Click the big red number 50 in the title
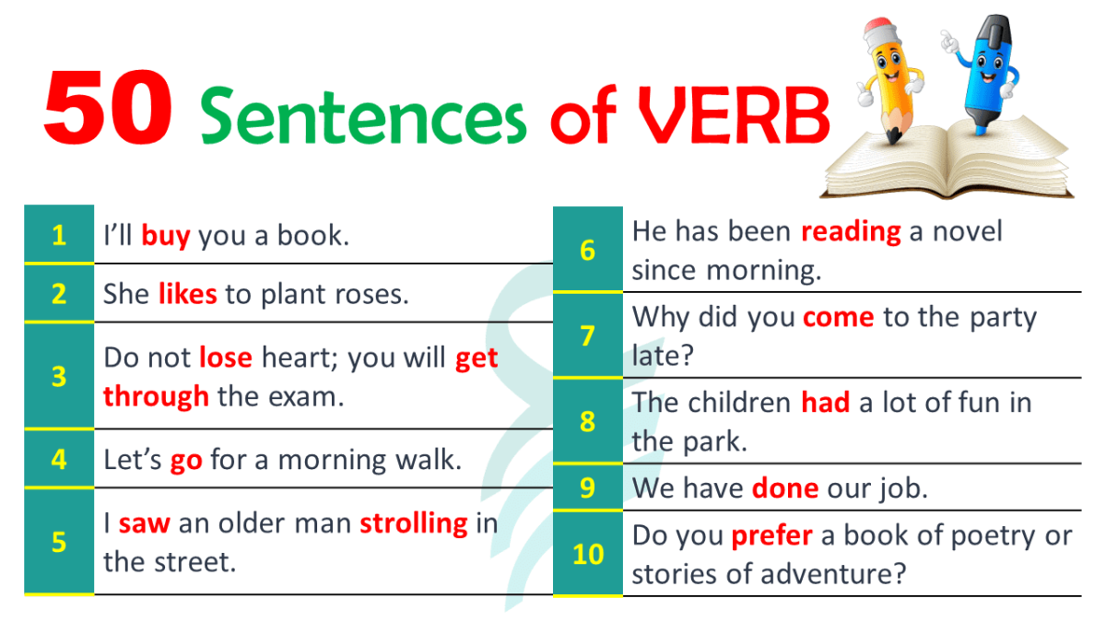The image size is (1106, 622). point(108,107)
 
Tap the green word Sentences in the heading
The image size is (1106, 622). point(363,116)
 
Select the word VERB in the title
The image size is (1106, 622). point(735,116)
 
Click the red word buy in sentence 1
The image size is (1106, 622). point(166,236)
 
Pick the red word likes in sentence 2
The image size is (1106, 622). point(188,293)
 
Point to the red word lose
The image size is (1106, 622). point(226,357)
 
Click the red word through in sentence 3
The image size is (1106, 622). point(156,397)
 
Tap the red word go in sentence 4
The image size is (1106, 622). point(186,462)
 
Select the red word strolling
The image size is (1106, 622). point(414,524)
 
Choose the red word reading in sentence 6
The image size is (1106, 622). point(851,232)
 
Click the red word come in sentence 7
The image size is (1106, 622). point(839,318)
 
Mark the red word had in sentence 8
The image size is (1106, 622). point(825,402)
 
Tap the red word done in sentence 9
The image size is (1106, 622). point(785,487)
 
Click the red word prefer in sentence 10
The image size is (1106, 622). point(771,536)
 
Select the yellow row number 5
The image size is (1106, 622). point(59,542)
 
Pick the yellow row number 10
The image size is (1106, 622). point(588,554)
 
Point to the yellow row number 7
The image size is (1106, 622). point(588,335)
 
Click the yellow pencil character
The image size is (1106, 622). point(889,81)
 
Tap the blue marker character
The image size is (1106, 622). point(982,74)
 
